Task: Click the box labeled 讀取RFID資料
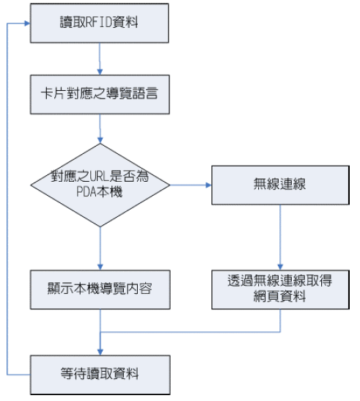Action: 99,23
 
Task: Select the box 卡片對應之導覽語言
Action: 100,95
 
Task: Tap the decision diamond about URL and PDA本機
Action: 100,185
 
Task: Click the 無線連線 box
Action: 280,185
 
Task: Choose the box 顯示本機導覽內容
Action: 100,290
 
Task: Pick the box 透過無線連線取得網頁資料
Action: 280,290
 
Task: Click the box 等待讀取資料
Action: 100,375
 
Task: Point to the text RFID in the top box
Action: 99,22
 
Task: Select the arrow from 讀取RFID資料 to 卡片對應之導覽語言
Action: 100,59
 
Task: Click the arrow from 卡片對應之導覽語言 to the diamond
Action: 100,128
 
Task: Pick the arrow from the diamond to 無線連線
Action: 191,185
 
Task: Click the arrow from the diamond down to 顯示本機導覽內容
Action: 100,249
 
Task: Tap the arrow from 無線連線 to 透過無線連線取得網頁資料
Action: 280,238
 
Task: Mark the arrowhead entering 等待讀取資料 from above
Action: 100,352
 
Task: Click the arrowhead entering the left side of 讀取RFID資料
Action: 27,23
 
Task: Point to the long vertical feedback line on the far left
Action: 7,199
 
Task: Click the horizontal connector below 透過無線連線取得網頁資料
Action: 191,332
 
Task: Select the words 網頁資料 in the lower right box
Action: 279,297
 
